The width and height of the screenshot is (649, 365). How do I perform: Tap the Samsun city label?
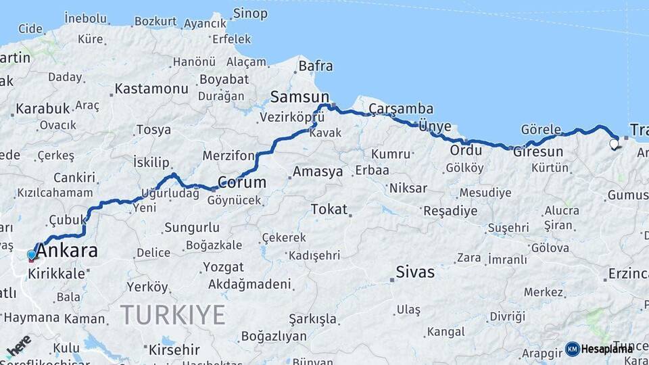[299, 97]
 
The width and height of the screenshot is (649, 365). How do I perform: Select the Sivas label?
[415, 272]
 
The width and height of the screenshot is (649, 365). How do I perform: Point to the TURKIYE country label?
[172, 314]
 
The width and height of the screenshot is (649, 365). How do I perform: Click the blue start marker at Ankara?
[31, 255]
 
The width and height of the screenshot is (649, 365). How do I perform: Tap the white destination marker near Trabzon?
[614, 143]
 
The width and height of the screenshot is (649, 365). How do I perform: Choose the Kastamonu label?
[151, 89]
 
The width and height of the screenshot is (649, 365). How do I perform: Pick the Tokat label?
[329, 210]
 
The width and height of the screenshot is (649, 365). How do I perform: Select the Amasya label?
[318, 172]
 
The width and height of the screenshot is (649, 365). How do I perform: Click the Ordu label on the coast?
[466, 150]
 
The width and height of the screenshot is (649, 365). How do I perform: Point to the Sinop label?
[250, 14]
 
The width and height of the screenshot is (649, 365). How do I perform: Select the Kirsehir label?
[174, 349]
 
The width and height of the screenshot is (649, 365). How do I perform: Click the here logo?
[18, 345]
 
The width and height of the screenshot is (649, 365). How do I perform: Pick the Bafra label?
[316, 66]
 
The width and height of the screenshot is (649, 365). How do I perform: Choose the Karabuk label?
[43, 108]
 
